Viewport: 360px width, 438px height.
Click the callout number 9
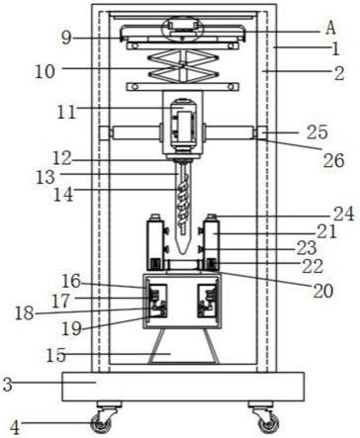[x=66, y=38]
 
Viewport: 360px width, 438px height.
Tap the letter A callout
[x=330, y=28]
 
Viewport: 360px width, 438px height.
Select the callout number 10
[x=45, y=71]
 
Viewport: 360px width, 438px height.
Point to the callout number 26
[x=333, y=160]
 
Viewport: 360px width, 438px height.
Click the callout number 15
[x=55, y=356]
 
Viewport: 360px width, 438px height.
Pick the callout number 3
[x=8, y=385]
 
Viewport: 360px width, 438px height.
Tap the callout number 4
[x=15, y=427]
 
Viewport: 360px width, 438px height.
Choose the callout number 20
[x=323, y=291]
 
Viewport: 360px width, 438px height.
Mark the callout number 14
[x=63, y=195]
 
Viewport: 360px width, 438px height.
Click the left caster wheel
[x=102, y=423]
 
